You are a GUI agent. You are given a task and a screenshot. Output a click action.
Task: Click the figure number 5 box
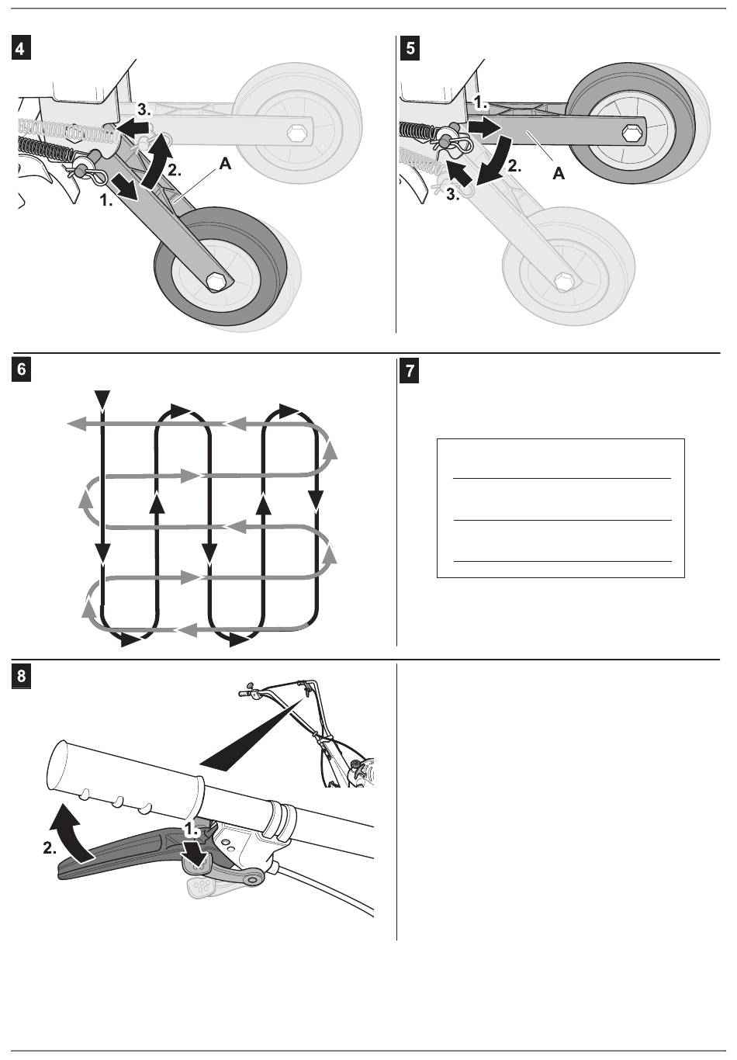(x=410, y=48)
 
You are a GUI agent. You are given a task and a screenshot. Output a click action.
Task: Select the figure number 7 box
(x=410, y=370)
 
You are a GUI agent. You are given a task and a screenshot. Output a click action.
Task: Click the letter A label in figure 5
(x=558, y=174)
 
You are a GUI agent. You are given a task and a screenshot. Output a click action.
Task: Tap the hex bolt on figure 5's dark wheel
(x=634, y=131)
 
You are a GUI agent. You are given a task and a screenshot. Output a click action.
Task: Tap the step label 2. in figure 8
(x=50, y=849)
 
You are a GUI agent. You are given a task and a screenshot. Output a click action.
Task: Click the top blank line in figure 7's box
(x=562, y=479)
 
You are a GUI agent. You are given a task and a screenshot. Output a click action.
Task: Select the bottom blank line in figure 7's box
(x=562, y=560)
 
